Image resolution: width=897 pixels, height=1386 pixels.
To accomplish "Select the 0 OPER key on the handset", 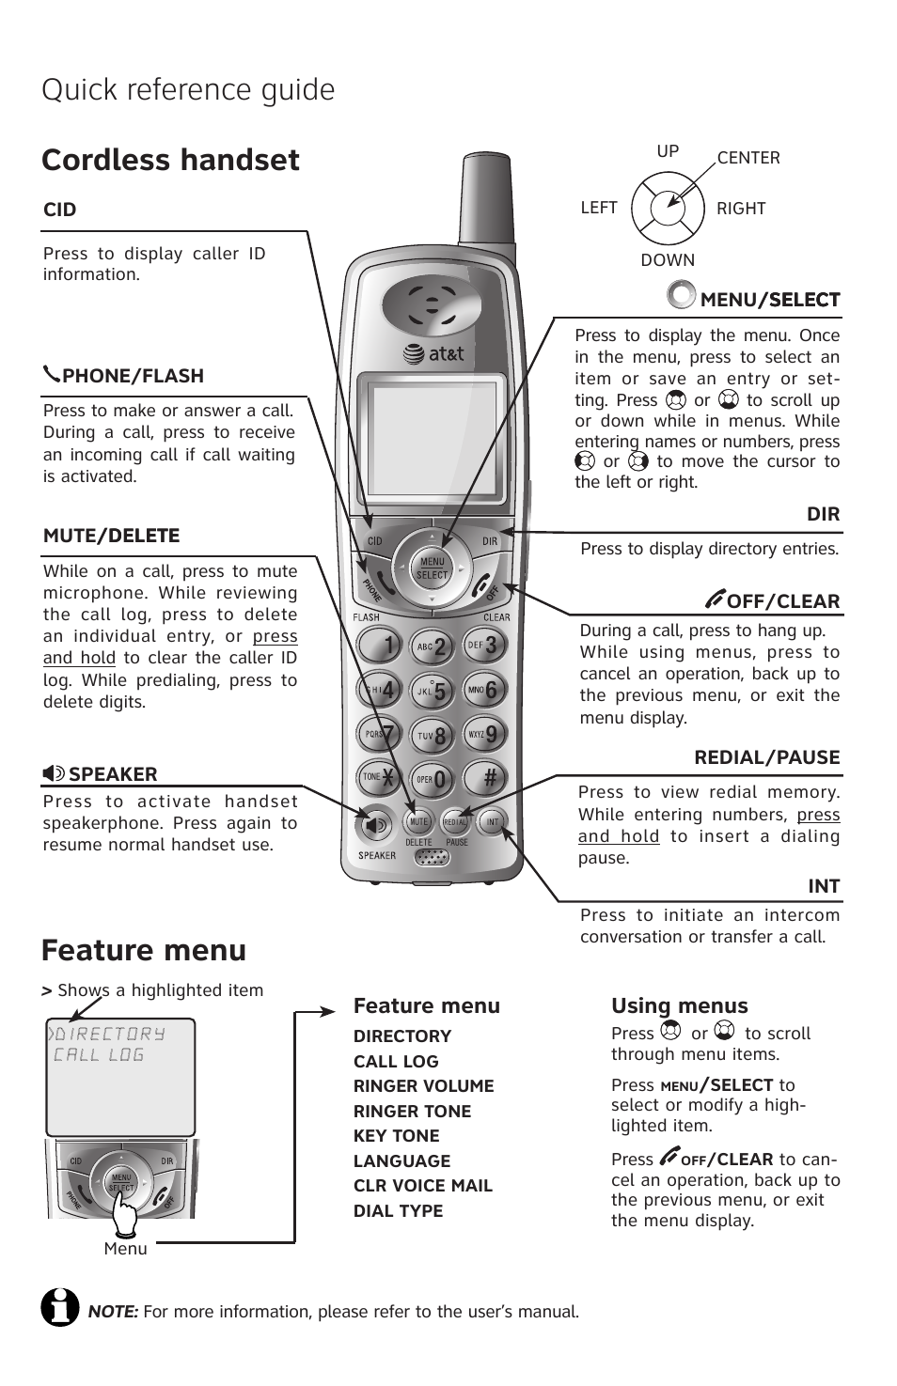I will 432,779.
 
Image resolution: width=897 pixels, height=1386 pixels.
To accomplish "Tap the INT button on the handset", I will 492,821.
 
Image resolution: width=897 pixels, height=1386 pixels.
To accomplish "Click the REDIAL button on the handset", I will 456,821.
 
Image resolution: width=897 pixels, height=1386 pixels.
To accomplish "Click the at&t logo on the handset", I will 433,354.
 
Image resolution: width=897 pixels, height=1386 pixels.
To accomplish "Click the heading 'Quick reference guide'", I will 188,90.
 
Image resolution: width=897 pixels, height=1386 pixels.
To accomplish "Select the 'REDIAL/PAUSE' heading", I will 766,757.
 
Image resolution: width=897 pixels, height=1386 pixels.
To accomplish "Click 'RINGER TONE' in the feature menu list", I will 412,1111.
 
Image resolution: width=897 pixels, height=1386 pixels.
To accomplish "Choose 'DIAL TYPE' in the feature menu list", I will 398,1210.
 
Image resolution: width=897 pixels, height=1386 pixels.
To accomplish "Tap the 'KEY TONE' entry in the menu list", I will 396,1135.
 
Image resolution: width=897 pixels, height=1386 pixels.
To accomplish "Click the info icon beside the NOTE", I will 60,1306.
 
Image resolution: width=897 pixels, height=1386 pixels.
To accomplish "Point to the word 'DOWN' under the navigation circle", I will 668,260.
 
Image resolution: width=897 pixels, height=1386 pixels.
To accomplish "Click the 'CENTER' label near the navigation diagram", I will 748,158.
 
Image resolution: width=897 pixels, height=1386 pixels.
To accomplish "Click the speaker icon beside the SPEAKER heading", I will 54,773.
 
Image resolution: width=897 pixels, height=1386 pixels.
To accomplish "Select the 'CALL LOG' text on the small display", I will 99,1055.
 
